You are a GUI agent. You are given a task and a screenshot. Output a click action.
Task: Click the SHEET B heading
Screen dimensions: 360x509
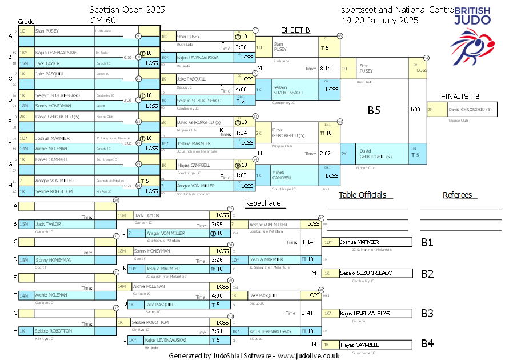click(295, 30)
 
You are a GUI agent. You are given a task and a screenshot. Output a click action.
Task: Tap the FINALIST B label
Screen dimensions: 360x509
click(460, 96)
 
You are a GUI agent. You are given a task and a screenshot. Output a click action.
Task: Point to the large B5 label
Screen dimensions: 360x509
click(374, 111)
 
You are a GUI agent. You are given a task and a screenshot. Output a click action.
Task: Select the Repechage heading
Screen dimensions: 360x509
click(263, 203)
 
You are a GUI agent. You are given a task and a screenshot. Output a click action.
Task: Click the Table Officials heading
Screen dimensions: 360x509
click(362, 195)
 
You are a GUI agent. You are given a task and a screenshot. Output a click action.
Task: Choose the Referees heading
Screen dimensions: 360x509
click(457, 195)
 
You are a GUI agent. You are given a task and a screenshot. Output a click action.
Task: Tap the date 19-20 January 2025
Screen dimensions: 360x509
click(379, 20)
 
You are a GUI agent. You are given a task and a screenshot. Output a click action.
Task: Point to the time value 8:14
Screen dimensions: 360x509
click(326, 68)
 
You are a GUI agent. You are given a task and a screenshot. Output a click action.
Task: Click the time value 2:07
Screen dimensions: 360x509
click(326, 154)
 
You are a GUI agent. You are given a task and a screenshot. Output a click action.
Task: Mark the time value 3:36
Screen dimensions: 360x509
click(241, 47)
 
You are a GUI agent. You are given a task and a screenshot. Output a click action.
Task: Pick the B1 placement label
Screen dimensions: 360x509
click(427, 242)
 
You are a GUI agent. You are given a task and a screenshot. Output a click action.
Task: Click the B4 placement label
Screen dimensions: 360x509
click(427, 344)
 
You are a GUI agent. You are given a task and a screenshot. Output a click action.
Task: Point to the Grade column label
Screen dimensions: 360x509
click(27, 21)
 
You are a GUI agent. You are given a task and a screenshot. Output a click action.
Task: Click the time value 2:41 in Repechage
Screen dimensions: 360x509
click(307, 313)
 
